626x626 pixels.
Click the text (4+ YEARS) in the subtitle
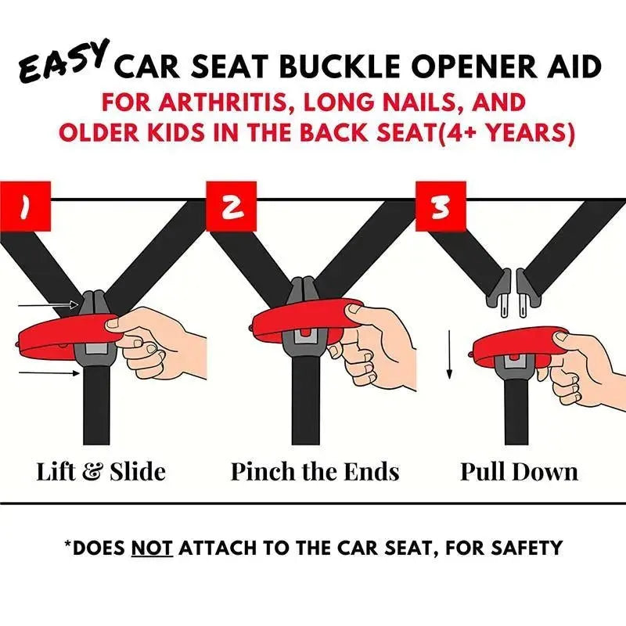pyautogui.click(x=505, y=132)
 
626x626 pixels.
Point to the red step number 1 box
pyautogui.click(x=25, y=206)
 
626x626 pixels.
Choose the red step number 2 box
pyautogui.click(x=231, y=207)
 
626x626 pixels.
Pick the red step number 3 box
pyautogui.click(x=441, y=207)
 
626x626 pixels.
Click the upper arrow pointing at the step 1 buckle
pyautogui.click(x=49, y=305)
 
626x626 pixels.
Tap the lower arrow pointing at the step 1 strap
pyautogui.click(x=49, y=373)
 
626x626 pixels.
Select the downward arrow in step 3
pyautogui.click(x=449, y=354)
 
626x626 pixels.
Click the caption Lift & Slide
pyautogui.click(x=101, y=472)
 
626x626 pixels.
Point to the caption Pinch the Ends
pyautogui.click(x=315, y=472)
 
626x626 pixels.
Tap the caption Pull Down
pyautogui.click(x=519, y=472)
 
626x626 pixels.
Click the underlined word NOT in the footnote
pyautogui.click(x=152, y=548)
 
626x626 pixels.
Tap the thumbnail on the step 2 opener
pyautogui.click(x=354, y=308)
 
